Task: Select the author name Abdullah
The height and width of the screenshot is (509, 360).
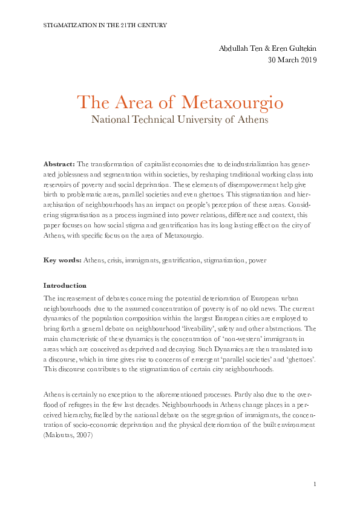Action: coord(235,48)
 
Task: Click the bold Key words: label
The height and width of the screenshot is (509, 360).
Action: coord(62,260)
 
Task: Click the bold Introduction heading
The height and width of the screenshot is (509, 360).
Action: coord(65,285)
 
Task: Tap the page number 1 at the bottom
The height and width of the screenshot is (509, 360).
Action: coord(315,484)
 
